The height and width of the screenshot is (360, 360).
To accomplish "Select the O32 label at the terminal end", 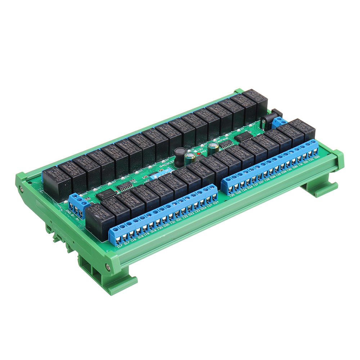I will (317, 157).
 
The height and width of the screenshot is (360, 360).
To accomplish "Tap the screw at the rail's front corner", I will (108, 267).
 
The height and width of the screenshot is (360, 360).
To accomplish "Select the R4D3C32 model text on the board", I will (165, 163).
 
